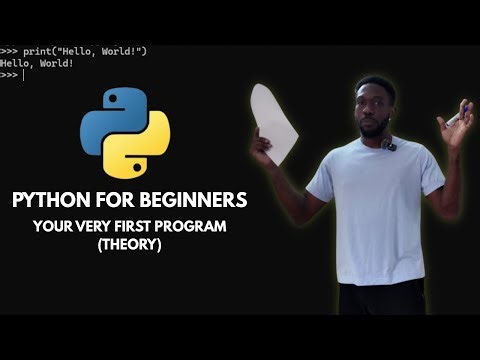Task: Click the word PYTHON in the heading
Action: [51, 200]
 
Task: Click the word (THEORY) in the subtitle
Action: [130, 243]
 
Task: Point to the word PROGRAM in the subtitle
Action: [191, 227]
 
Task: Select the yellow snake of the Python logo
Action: [145, 145]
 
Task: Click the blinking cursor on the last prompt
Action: [23, 75]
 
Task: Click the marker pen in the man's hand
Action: [455, 118]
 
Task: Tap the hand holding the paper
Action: [263, 147]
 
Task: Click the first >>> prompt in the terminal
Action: [9, 51]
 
